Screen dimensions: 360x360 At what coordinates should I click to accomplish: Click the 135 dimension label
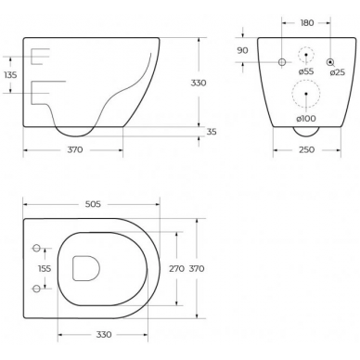11,74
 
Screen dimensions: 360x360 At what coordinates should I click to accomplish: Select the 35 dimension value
212,132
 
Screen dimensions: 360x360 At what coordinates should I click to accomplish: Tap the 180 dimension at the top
307,23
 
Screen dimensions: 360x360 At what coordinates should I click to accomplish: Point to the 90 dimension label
243,50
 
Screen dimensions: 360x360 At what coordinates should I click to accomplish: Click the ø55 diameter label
306,71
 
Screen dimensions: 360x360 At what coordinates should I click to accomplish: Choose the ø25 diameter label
337,72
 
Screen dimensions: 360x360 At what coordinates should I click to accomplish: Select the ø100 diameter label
306,119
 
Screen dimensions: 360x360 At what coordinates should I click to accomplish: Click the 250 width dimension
307,150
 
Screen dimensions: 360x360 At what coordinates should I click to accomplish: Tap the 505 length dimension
93,204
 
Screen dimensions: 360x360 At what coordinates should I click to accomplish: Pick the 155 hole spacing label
45,268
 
